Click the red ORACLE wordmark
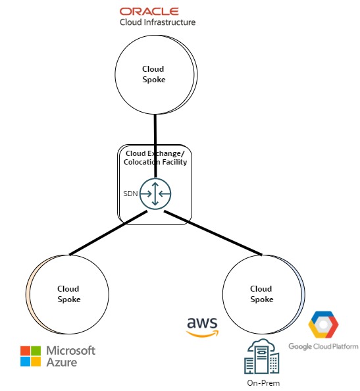pyautogui.click(x=149, y=11)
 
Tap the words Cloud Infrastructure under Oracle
pyautogui.click(x=157, y=22)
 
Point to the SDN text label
pyautogui.click(x=130, y=194)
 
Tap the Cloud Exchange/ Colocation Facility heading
pyautogui.click(x=155, y=158)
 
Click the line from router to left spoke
pyautogui.click(x=105, y=235)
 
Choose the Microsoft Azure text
pyautogui.click(x=68, y=355)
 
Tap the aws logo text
pyautogui.click(x=203, y=323)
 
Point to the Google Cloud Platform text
pyautogui.click(x=323, y=346)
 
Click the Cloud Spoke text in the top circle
pyautogui.click(x=153, y=73)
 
